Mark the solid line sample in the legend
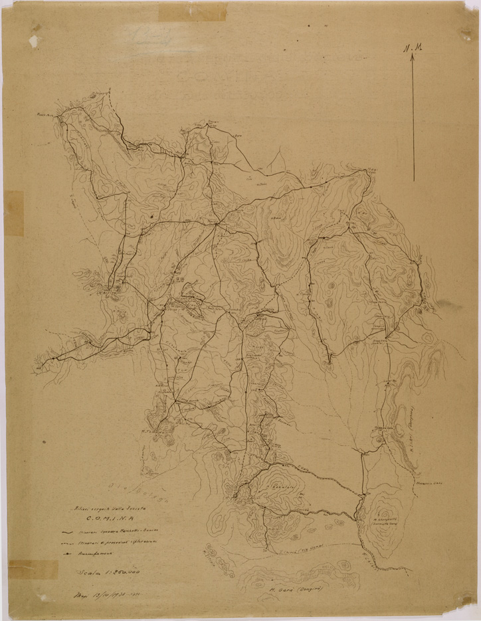[66, 532]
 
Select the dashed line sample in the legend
[66, 543]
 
